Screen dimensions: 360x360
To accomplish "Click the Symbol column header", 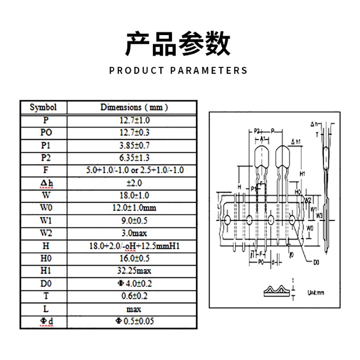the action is (43, 108).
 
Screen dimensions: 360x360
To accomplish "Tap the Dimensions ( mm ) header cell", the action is (134, 108).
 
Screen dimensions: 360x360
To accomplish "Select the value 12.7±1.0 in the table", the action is (134, 120).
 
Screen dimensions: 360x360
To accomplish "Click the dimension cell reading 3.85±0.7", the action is (134, 145).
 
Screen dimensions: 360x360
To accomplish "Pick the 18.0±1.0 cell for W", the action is (134, 195).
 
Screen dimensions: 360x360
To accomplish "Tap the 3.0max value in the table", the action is (134, 233).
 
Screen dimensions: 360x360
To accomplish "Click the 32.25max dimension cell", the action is (134, 271).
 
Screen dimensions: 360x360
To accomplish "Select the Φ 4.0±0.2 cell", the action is (134, 283).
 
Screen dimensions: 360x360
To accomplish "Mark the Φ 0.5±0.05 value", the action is (134, 321).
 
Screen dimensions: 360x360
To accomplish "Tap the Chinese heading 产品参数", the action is (178, 44).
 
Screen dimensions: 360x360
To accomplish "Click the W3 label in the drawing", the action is (319, 216).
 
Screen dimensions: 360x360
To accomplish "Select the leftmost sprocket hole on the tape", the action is (227, 219).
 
